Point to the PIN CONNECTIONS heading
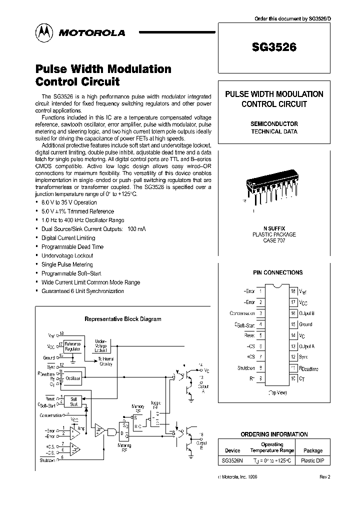[x=277, y=272]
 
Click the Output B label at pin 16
[x=306, y=313]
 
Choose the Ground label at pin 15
[x=305, y=324]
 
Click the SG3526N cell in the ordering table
[x=232, y=460]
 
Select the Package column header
[x=313, y=450]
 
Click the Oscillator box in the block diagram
[x=74, y=379]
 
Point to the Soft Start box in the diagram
[x=73, y=401]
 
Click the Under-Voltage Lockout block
[x=100, y=345]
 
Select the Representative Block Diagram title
[x=122, y=318]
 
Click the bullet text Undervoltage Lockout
[x=67, y=255]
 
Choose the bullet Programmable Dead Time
[x=72, y=246]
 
